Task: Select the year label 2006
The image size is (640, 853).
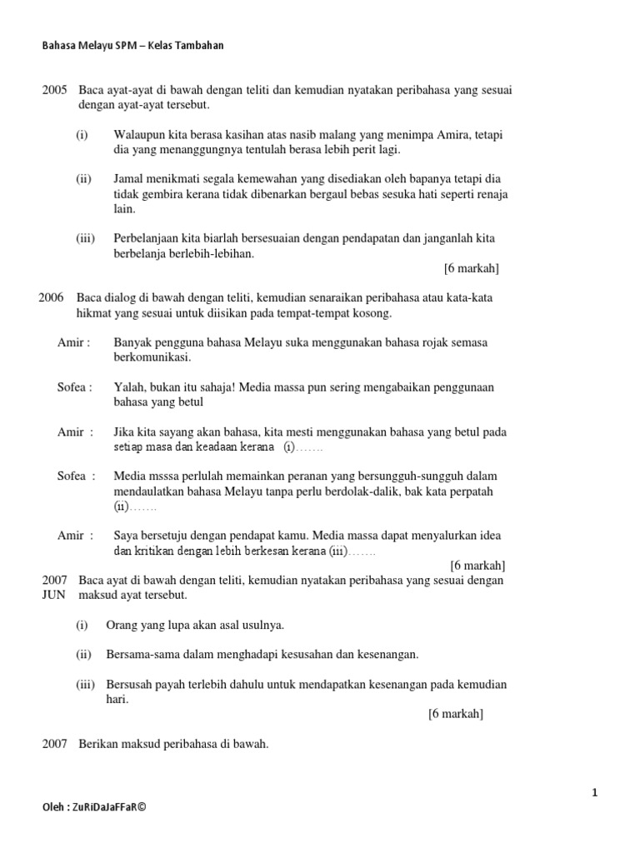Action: (x=52, y=297)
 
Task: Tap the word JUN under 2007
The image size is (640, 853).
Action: (x=52, y=596)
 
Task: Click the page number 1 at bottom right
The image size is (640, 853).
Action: (x=595, y=794)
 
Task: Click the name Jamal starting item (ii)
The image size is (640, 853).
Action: (x=130, y=179)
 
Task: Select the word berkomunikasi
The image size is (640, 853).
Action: (x=152, y=357)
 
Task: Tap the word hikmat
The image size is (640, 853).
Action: (x=95, y=313)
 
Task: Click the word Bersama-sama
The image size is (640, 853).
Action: (x=140, y=654)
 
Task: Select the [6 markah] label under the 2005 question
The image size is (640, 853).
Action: (x=472, y=268)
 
